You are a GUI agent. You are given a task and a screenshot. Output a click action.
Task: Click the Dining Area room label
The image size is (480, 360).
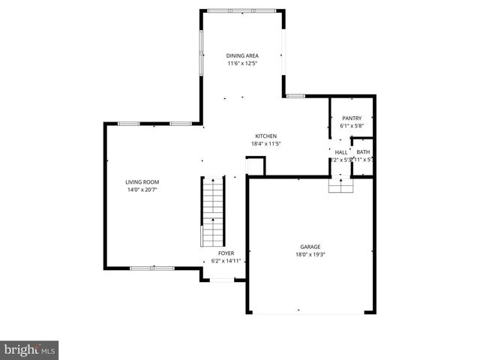point(242,55)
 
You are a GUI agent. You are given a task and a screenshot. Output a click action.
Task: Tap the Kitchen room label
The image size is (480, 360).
point(265,136)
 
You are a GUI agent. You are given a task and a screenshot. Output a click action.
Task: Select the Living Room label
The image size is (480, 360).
point(142,182)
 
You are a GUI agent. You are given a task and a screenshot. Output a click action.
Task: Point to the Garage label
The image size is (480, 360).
point(310,247)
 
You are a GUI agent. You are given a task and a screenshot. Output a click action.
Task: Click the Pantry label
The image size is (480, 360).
point(352,118)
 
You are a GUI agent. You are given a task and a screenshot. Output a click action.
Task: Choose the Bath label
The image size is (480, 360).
point(363,152)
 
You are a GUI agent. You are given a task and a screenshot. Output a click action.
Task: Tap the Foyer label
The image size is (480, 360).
point(226,253)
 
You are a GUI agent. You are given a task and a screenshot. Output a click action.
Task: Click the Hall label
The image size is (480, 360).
point(341,152)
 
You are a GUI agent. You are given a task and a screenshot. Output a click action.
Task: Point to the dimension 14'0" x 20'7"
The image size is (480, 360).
point(142,190)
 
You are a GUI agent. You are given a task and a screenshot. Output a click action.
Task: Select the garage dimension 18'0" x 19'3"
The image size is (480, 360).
point(310,254)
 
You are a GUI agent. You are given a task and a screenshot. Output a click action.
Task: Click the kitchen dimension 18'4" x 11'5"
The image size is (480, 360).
point(265,143)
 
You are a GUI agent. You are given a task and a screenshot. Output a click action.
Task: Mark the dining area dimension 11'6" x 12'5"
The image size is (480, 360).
point(242,63)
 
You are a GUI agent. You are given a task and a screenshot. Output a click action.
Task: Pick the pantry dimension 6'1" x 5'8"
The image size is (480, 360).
point(352,126)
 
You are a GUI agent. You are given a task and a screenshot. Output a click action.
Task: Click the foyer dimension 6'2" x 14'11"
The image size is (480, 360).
point(226,261)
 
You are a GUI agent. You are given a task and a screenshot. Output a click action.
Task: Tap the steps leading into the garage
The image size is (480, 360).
point(341,185)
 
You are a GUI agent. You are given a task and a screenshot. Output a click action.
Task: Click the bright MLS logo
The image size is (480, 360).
point(30,349)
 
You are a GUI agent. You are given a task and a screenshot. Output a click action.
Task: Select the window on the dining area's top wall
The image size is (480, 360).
point(231,10)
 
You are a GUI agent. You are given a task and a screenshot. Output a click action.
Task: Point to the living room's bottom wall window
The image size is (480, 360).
point(152,267)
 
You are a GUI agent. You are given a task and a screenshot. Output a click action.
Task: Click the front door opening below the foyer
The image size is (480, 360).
point(222,280)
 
